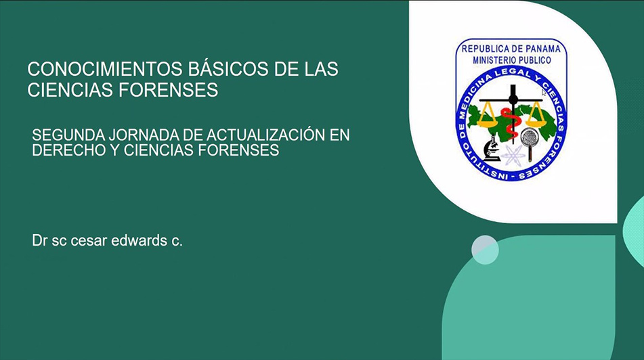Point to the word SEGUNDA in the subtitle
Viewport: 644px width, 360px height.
pyautogui.click(x=68, y=135)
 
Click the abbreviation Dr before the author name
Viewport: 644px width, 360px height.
pyautogui.click(x=40, y=240)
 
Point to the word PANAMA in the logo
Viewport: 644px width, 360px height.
pyautogui.click(x=541, y=49)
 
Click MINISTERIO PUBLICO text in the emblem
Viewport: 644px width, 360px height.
pyautogui.click(x=512, y=60)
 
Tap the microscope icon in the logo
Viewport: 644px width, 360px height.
pyautogui.click(x=492, y=149)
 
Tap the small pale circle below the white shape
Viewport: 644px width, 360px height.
pyautogui.click(x=485, y=250)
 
